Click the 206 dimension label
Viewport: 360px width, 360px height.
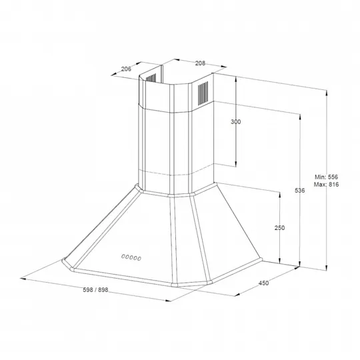(x=126, y=69)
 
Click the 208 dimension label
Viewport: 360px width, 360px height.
(x=200, y=63)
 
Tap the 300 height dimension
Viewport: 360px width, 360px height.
(x=236, y=122)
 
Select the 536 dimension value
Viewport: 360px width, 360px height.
(x=300, y=190)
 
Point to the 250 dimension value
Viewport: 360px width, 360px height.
(x=279, y=228)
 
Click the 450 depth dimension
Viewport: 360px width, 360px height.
(x=263, y=283)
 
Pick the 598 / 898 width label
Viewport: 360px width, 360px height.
(x=95, y=290)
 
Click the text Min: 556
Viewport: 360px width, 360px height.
(x=326, y=177)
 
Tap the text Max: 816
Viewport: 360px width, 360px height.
(x=326, y=185)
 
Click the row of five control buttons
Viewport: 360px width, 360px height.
(x=131, y=257)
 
